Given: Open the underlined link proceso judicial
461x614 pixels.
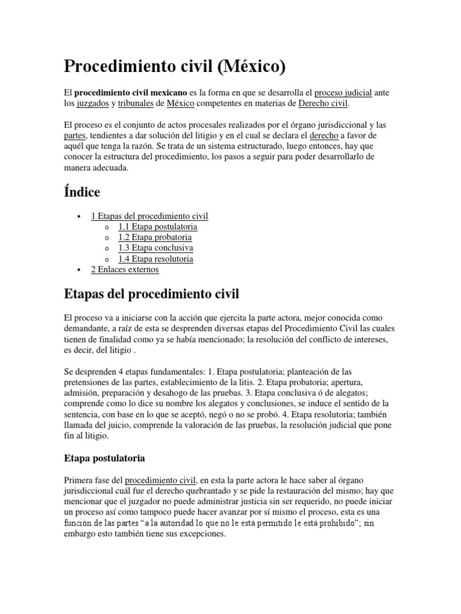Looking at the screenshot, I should point(343,93).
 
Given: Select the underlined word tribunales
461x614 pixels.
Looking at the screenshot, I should point(135,104).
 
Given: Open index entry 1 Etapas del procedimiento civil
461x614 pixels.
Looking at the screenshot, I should point(149,216).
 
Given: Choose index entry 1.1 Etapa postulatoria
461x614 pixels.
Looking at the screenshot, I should point(158,227).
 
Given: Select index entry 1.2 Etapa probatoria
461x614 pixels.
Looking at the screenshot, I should point(155,237).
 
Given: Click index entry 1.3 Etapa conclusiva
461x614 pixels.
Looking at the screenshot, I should point(155,248).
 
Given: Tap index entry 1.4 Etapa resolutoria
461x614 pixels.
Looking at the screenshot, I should point(155,259).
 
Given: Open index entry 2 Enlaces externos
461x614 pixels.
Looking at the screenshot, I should point(125,270).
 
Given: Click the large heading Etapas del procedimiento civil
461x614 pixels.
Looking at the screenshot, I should point(151,294).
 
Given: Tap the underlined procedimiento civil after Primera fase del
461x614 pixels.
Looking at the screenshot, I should point(160,480).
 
